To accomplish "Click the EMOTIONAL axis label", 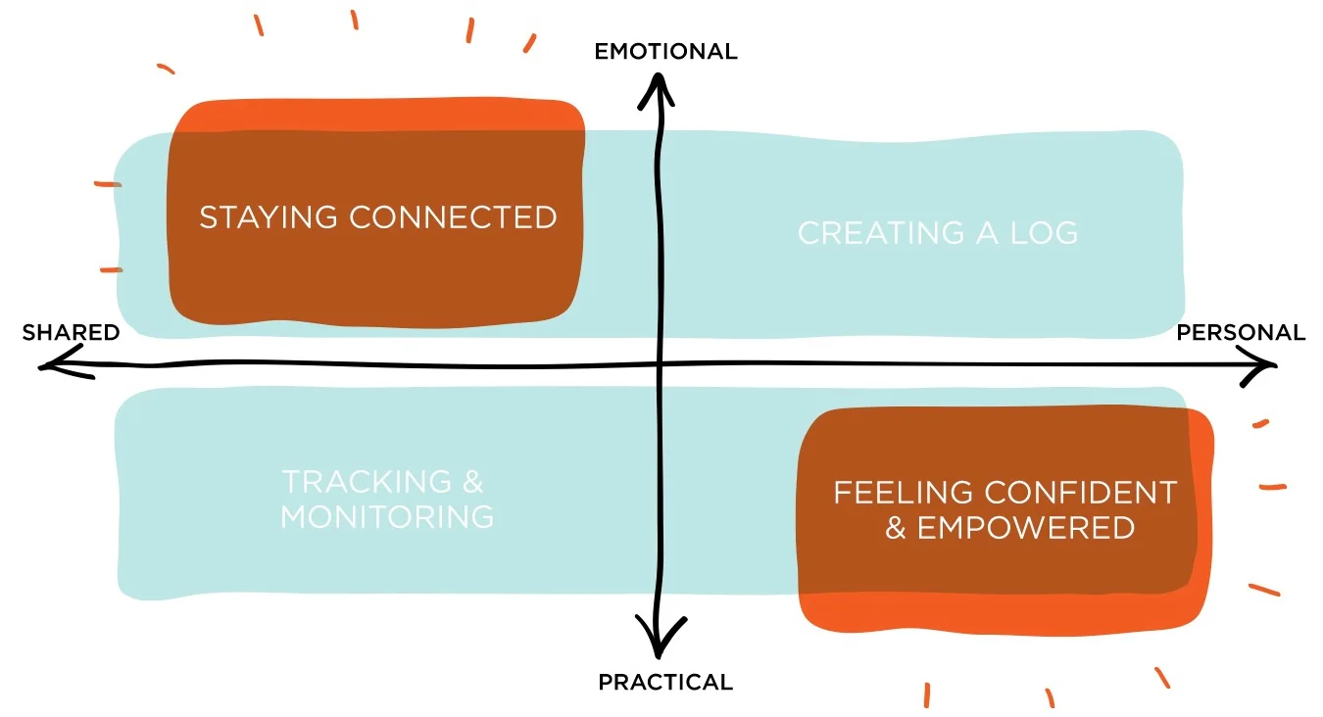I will click(665, 51).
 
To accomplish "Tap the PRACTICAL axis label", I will click(665, 682).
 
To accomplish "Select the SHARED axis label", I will click(71, 333).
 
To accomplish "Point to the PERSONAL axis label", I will click(1241, 333).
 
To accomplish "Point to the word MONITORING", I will click(387, 516).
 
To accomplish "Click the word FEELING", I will click(903, 492).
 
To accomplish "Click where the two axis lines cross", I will click(660, 366).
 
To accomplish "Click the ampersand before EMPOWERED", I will click(896, 529).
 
